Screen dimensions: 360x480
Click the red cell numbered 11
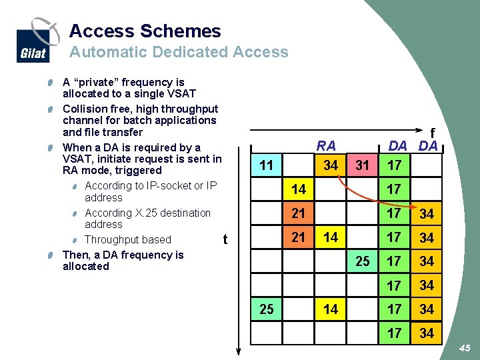pyautogui.click(x=267, y=165)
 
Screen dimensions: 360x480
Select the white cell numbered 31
pyautogui.click(x=362, y=165)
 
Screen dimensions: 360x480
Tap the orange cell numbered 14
pyautogui.click(x=298, y=189)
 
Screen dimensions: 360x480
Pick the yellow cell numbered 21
pyautogui.click(x=298, y=213)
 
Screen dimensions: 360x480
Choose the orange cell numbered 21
pyautogui.click(x=298, y=237)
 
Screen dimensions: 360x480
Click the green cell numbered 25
pyautogui.click(x=267, y=309)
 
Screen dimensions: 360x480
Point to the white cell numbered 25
pyautogui.click(x=362, y=261)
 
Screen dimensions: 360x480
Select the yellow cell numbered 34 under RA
pyautogui.click(x=330, y=165)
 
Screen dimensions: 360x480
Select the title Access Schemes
pyautogui.click(x=145, y=31)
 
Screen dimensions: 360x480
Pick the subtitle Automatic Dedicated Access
pyautogui.click(x=179, y=52)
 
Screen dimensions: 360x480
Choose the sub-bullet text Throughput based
pyautogui.click(x=128, y=239)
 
